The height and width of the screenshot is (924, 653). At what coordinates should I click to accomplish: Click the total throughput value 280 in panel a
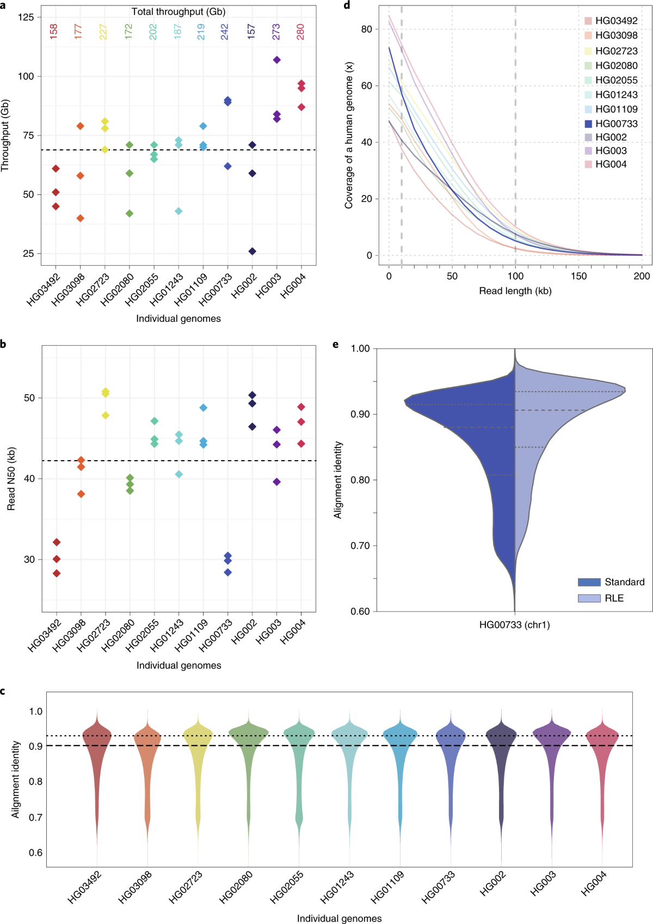tap(300, 32)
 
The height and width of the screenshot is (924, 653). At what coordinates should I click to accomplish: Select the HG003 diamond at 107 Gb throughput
tap(276, 60)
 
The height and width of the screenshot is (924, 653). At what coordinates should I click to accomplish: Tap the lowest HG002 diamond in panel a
tap(252, 252)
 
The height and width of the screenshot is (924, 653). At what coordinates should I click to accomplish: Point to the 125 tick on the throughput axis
tap(26, 17)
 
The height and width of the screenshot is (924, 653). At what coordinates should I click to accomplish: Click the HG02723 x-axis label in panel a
tap(93, 290)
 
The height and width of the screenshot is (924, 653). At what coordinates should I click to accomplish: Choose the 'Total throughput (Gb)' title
tap(178, 11)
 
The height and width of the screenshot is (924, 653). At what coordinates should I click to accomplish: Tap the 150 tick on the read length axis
tap(578, 276)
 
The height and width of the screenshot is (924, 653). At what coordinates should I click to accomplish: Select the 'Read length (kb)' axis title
tap(515, 291)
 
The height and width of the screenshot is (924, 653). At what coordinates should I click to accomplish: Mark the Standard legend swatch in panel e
tap(589, 582)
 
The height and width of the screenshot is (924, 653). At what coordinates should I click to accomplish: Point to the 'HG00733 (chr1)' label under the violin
tap(514, 625)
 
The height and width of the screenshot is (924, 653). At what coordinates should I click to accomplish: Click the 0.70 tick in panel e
tap(360, 546)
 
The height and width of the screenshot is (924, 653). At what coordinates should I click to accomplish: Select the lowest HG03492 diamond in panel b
tap(57, 573)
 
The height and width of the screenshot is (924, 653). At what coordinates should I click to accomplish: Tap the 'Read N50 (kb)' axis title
tap(11, 479)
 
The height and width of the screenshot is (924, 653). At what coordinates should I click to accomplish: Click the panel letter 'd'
tap(347, 5)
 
